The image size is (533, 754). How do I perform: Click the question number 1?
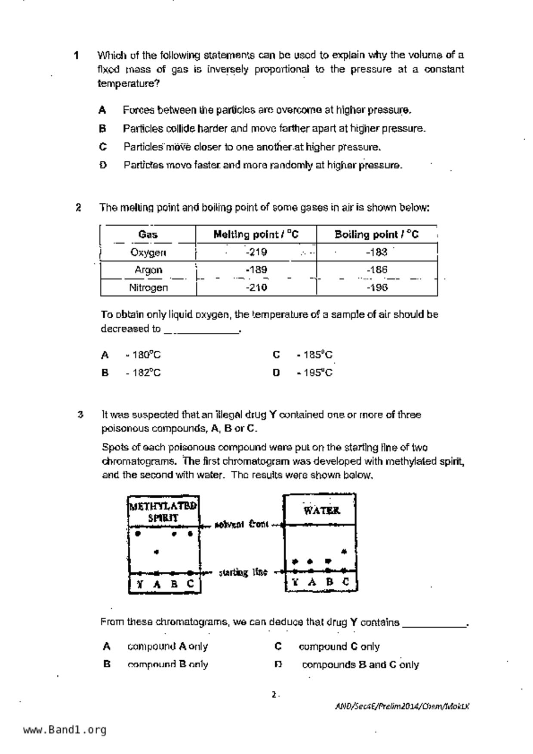tap(76, 55)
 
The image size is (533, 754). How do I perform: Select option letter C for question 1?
tap(103, 147)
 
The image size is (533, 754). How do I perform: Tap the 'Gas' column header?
tap(148, 234)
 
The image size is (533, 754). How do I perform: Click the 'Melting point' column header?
tap(256, 234)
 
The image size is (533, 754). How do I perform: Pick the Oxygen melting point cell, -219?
tap(256, 252)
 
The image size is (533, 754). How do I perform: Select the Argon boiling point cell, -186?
tap(377, 270)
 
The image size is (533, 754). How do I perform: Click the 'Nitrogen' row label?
tap(148, 287)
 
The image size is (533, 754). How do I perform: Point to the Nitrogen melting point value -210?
tap(256, 287)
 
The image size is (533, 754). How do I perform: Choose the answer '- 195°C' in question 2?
tap(314, 373)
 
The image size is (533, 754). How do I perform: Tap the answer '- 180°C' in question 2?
tap(143, 355)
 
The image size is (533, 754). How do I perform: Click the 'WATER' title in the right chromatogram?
tap(321, 511)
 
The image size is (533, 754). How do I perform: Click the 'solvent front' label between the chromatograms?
tap(241, 524)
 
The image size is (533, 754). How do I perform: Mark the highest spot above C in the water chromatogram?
tap(344, 551)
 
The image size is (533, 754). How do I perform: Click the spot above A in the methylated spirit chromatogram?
tap(156, 552)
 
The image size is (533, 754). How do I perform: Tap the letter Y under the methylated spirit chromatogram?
tap(139, 584)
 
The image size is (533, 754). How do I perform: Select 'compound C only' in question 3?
tap(339, 647)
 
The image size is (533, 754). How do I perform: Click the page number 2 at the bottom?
tap(274, 694)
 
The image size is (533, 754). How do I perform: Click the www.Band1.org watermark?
tap(65, 729)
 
